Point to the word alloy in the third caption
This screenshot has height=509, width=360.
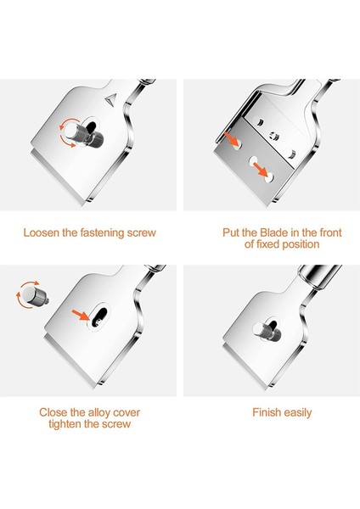[98, 412]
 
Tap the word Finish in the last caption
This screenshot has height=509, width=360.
[267, 412]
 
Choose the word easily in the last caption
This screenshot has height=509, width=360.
[298, 413]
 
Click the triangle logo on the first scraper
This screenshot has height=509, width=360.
[110, 99]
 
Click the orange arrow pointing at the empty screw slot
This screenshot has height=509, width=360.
[81, 315]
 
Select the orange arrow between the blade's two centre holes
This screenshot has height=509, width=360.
[261, 169]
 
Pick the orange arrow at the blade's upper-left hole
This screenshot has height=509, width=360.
[231, 138]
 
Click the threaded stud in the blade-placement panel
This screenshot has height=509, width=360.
[274, 136]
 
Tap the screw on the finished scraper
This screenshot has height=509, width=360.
[265, 332]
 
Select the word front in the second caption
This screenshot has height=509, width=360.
[330, 232]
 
